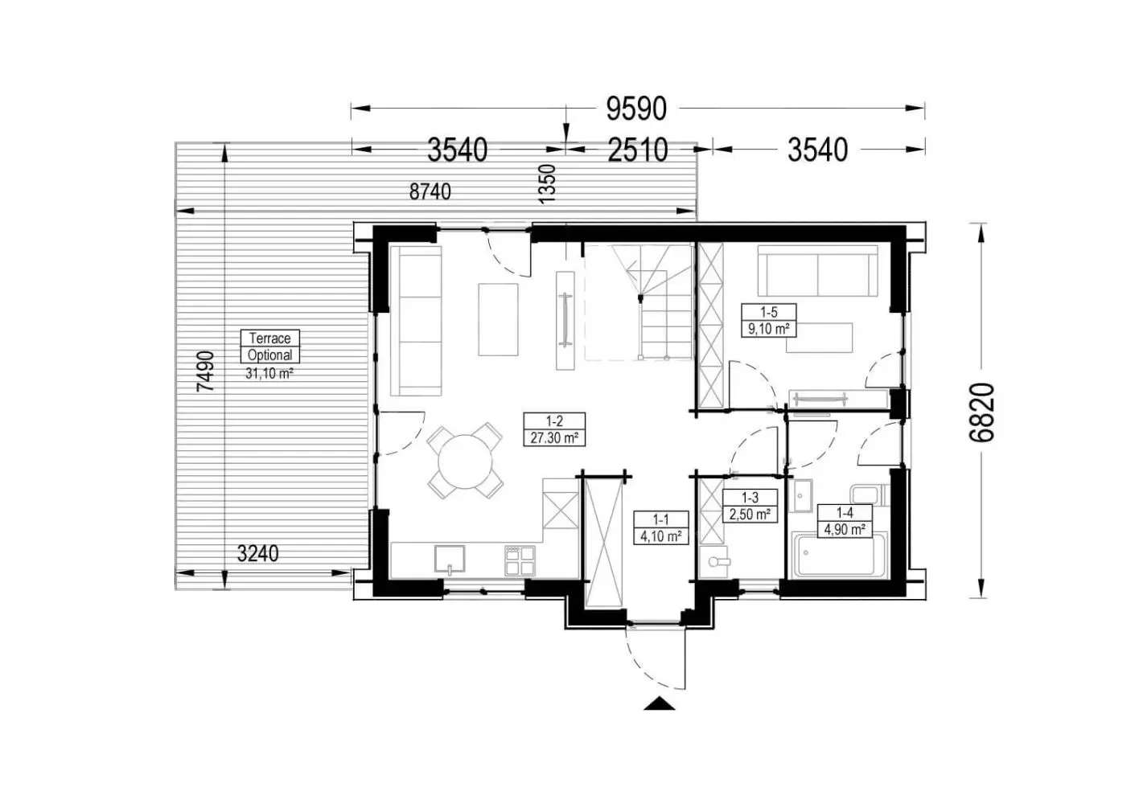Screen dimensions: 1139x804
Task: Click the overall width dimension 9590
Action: (635, 109)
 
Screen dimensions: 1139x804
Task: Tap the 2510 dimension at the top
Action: (638, 150)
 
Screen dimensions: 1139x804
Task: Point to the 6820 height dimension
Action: (981, 412)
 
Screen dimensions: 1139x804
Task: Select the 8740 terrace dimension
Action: (430, 191)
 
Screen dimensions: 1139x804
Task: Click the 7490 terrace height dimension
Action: (206, 371)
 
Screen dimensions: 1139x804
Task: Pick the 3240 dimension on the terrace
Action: (257, 553)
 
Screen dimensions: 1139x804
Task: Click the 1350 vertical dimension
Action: (547, 184)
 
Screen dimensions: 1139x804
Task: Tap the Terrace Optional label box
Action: (270, 347)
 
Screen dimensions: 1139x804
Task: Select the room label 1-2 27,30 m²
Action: (554, 429)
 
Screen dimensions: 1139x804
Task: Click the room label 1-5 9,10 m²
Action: (768, 320)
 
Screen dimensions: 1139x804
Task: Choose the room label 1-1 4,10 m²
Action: (661, 527)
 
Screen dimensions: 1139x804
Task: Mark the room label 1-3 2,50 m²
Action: (750, 506)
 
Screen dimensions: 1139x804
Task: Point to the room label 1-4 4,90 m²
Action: (845, 521)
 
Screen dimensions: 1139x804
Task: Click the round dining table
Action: (465, 461)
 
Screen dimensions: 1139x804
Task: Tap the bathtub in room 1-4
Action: (840, 555)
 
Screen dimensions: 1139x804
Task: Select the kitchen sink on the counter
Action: (450, 559)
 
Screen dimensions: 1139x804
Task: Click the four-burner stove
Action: (520, 561)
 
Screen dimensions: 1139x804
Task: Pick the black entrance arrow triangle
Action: (659, 703)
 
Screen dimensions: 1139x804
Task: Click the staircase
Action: (639, 301)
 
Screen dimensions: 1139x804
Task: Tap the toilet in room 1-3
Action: (715, 561)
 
